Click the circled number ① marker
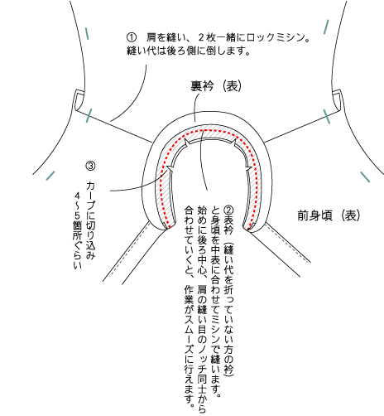(x=132, y=37)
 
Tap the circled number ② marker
(x=228, y=210)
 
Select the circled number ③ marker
(x=91, y=166)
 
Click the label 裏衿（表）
(x=216, y=86)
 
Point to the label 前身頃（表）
(x=329, y=215)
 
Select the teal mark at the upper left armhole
(x=87, y=33)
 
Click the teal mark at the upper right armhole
(x=326, y=27)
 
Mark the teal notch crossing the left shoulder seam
(x=89, y=115)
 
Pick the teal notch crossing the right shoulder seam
(x=327, y=117)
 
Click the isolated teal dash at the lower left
(x=50, y=176)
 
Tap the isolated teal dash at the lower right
(x=365, y=177)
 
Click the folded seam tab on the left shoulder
(x=79, y=100)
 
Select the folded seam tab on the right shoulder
(x=337, y=100)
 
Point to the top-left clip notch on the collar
(x=186, y=143)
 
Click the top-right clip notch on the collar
(x=235, y=143)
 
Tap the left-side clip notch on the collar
(x=170, y=169)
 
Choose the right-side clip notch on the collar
(x=248, y=168)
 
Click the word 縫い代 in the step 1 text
(x=142, y=51)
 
